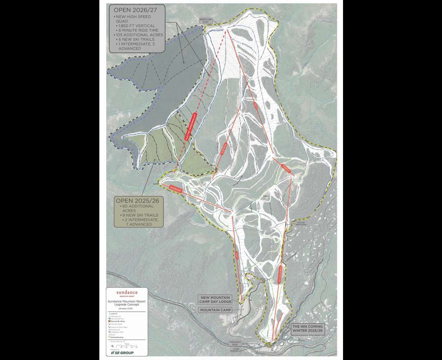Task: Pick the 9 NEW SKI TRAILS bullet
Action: click(x=139, y=215)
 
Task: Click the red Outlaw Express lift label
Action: click(x=279, y=277)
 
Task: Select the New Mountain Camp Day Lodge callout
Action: click(x=215, y=300)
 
